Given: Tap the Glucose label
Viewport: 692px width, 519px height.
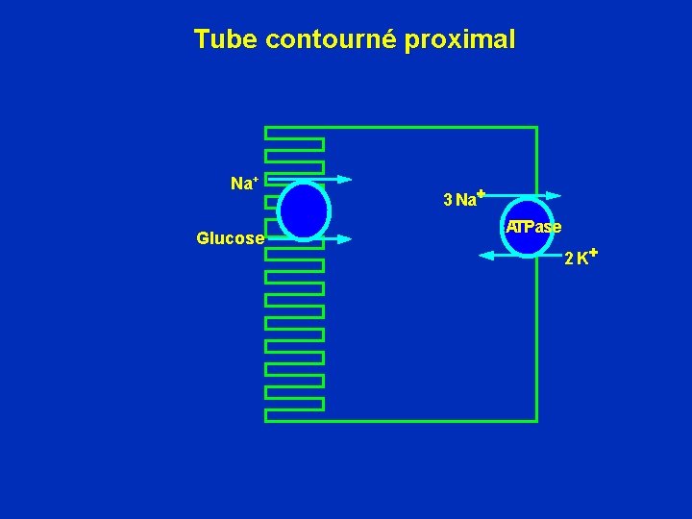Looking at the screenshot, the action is coord(230,238).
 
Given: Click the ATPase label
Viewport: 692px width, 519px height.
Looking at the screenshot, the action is coord(534,227).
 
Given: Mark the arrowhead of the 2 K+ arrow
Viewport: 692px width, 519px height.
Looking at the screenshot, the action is coord(485,255).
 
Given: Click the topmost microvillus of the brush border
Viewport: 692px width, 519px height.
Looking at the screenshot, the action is coord(295,144).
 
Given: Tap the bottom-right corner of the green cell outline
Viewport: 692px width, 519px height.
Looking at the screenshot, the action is coord(535,420).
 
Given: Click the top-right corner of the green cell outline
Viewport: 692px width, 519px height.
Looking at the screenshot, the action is coord(535,128).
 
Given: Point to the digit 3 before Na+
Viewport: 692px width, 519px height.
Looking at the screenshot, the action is coord(448,200).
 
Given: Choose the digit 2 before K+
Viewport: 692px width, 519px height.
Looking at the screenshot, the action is coord(569,259).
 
